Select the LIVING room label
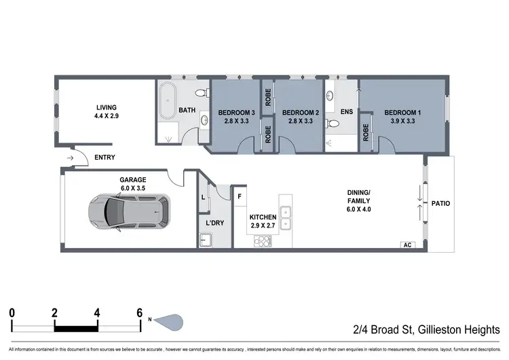tap(107, 107)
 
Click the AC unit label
tap(408, 245)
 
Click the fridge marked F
tap(240, 196)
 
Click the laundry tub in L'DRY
tap(206, 240)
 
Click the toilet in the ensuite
tap(332, 124)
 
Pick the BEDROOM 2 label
tap(300, 113)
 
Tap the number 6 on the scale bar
tap(139, 313)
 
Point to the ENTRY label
tap(105, 158)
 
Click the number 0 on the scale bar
tap(12, 313)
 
